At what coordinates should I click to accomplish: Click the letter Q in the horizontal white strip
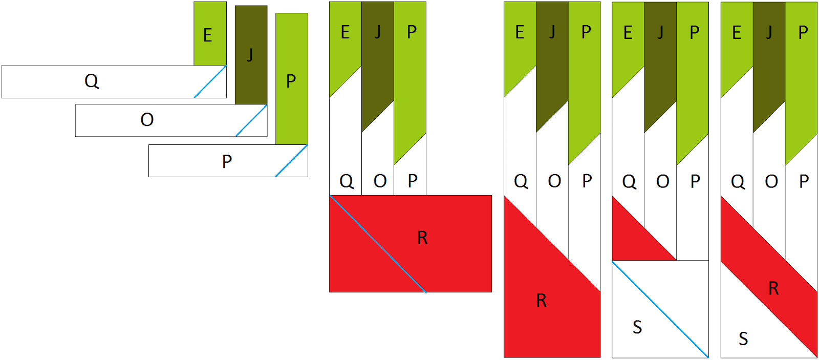tap(92, 81)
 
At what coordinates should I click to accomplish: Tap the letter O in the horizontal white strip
tap(147, 120)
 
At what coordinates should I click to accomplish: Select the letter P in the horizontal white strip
tap(227, 162)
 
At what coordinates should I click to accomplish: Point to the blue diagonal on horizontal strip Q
tap(210, 81)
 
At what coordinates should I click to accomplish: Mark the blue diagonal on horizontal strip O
tap(251, 120)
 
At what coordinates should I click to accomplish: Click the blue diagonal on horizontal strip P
tap(291, 161)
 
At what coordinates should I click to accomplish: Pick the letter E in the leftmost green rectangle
tap(207, 35)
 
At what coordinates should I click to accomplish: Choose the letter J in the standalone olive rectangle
tap(250, 54)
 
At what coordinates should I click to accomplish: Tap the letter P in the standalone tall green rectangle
tap(291, 81)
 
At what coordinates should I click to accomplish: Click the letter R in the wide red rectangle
tap(422, 238)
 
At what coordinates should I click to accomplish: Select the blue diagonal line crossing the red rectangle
tap(378, 244)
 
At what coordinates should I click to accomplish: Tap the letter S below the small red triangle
tap(637, 327)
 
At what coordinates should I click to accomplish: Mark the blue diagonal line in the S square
tap(660, 309)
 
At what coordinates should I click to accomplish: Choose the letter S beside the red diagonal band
tap(743, 338)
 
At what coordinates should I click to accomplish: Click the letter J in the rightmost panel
tap(769, 33)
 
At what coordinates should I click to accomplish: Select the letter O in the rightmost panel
tap(771, 181)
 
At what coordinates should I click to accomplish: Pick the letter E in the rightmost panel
tap(737, 33)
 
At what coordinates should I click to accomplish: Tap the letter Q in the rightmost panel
tap(738, 181)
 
